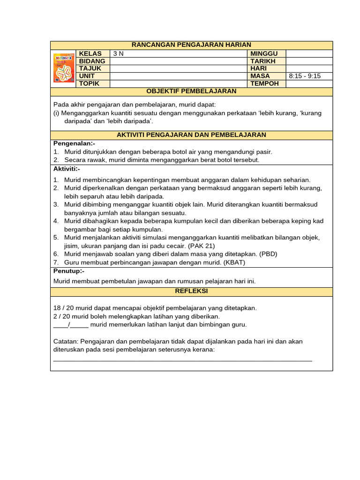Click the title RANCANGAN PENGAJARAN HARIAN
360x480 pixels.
click(x=191, y=45)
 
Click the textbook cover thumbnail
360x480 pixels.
click(x=64, y=68)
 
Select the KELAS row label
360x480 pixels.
click(x=90, y=53)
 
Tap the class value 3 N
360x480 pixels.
click(x=119, y=54)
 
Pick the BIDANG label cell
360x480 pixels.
click(x=92, y=61)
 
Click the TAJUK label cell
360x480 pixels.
click(x=90, y=68)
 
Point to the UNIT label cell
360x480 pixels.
click(x=87, y=76)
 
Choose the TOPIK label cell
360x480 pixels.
click(x=90, y=83)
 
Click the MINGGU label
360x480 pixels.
click(x=264, y=53)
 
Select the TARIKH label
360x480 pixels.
click(x=263, y=61)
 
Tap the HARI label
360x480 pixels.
click(x=259, y=68)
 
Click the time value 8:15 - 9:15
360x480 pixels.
click(x=305, y=76)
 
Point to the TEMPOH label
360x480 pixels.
click(x=265, y=83)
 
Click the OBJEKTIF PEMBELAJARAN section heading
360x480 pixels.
click(x=191, y=91)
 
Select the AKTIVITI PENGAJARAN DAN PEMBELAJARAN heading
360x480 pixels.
click(x=191, y=135)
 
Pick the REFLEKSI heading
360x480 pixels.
click(x=191, y=291)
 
